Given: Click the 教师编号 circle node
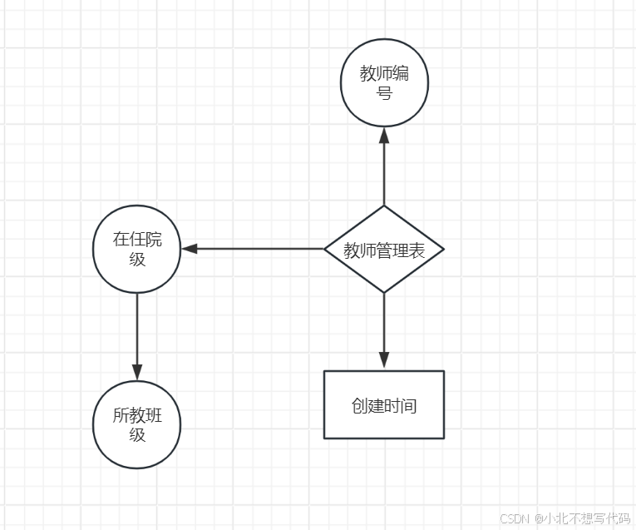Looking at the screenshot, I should pyautogui.click(x=384, y=83).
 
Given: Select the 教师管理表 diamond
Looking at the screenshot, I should pyautogui.click(x=384, y=250).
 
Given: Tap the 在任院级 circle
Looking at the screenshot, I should pyautogui.click(x=137, y=249).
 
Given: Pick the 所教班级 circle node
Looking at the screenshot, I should pyautogui.click(x=137, y=424).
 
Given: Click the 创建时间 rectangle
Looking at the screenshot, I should pyautogui.click(x=384, y=405).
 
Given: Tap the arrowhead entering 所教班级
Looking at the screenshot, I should pyautogui.click(x=137, y=372).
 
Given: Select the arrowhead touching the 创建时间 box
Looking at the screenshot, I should pyautogui.click(x=384, y=360).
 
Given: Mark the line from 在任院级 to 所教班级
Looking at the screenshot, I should pyautogui.click(x=137, y=329).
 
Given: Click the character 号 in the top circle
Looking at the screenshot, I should pyautogui.click(x=384, y=93).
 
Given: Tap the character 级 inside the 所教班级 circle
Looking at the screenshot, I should pyautogui.click(x=137, y=434).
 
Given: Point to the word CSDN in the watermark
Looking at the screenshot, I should pyautogui.click(x=515, y=518).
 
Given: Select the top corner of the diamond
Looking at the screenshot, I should pyautogui.click(x=384, y=206).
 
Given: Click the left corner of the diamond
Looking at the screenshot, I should pyautogui.click(x=325, y=249).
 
